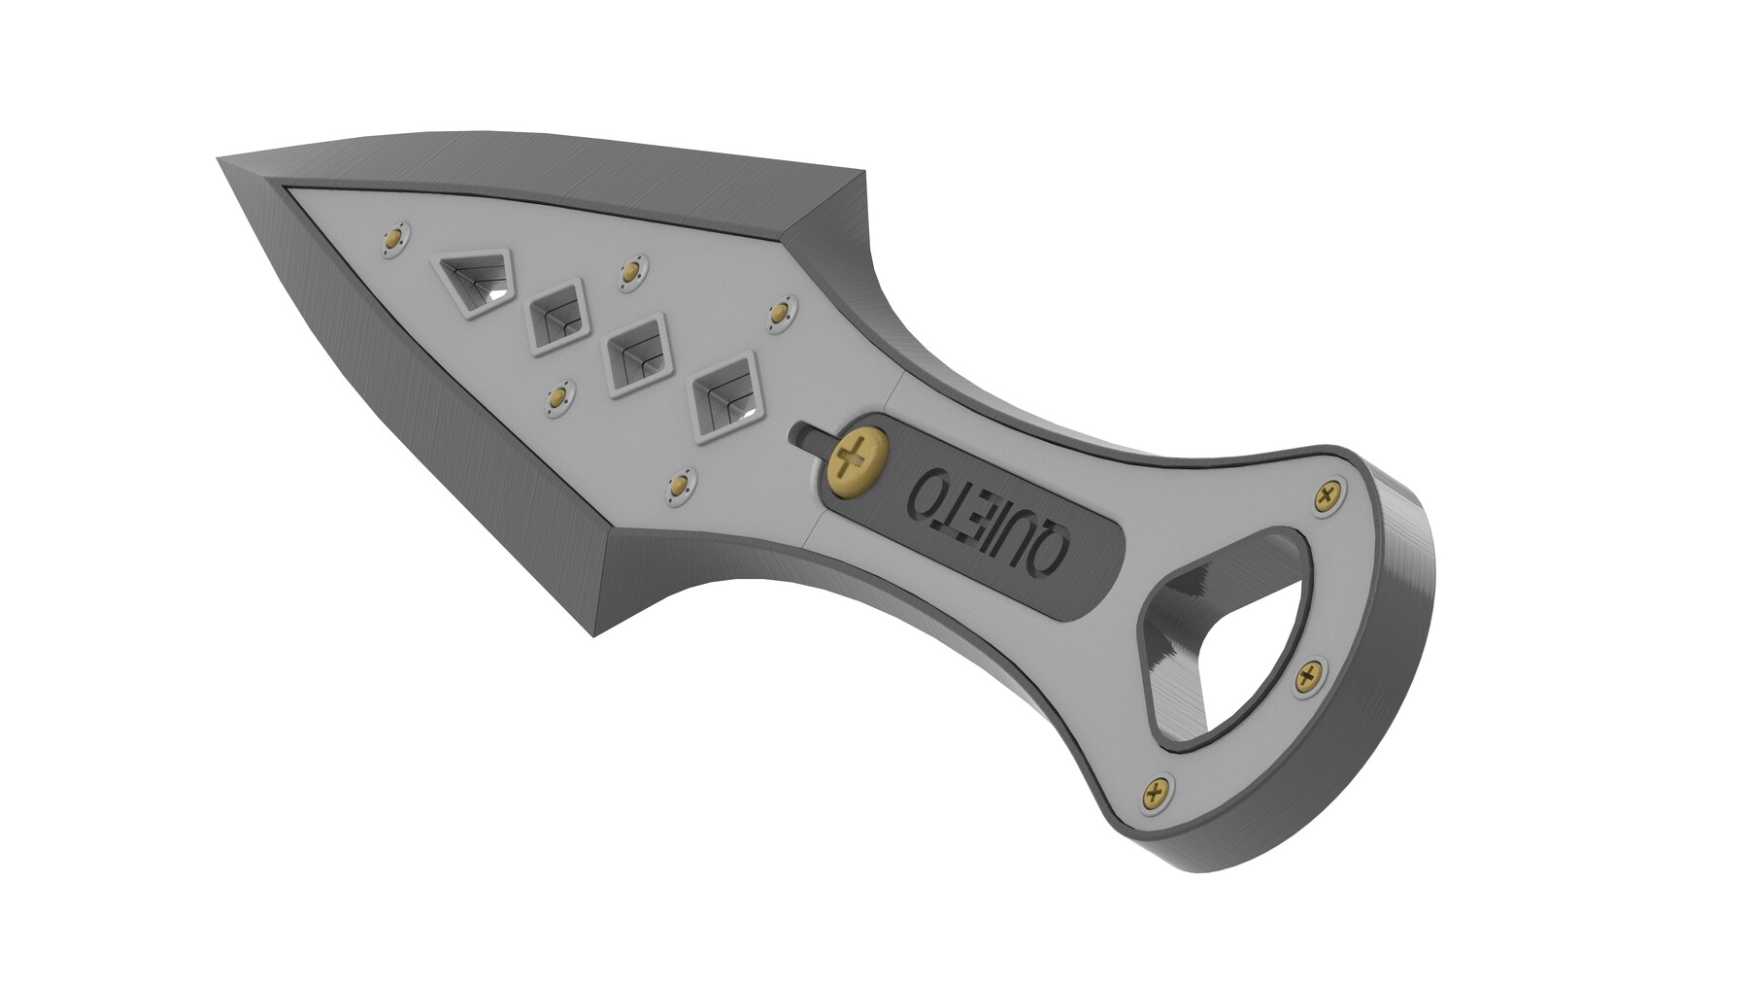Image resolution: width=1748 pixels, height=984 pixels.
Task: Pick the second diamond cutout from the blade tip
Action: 557,315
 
